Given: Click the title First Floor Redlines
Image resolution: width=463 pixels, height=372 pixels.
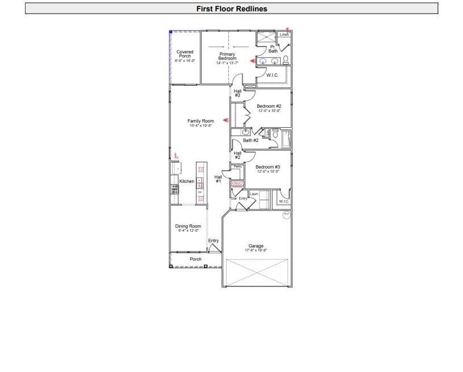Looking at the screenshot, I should pos(231,9).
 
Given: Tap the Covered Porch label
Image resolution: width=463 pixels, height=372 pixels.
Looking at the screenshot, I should pos(185,54).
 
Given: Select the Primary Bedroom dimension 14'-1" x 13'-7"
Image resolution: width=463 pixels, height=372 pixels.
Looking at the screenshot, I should pos(227,62).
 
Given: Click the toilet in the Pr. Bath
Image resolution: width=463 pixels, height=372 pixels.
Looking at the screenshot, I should pos(286,60).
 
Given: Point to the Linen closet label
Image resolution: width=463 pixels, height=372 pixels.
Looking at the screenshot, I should pos(285,35).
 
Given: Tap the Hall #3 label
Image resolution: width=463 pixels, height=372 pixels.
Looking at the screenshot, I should pos(237,93).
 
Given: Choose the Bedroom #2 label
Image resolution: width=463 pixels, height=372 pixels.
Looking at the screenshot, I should pos(269,106).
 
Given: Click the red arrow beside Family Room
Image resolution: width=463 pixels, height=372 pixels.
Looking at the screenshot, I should pos(226,120).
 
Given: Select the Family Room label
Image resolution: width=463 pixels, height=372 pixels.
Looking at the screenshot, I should pos(201,121).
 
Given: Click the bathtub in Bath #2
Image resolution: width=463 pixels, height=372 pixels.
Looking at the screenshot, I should pos(286,139).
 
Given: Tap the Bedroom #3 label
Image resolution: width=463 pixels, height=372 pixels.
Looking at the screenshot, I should pos(268,167).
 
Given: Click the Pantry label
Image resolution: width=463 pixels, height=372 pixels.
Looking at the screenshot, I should pos(237,166).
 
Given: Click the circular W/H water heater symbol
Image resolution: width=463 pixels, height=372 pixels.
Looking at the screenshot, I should pos(286,214).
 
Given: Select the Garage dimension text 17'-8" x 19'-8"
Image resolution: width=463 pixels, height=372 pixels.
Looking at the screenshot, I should pos(256,250).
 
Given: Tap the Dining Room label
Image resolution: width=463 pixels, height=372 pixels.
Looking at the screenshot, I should pos(188,227).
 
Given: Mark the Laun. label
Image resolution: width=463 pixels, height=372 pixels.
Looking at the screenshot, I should pos(254,194).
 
